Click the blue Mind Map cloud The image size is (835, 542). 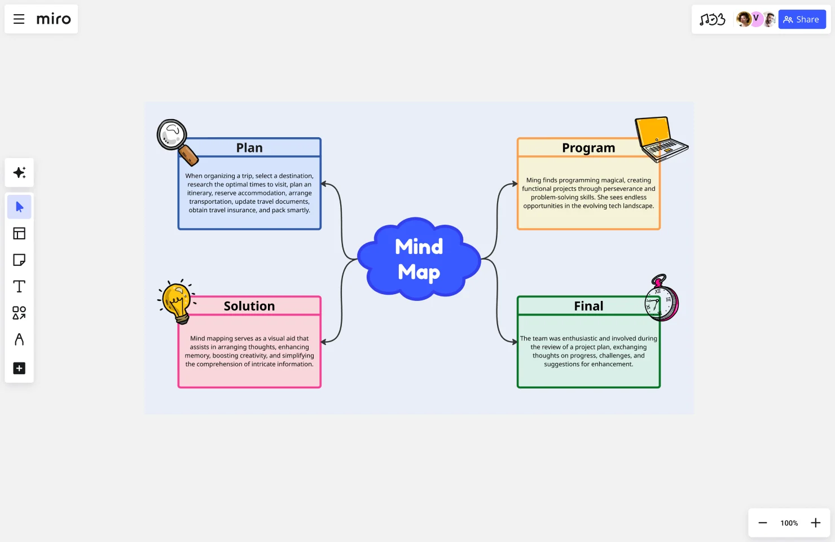(419, 259)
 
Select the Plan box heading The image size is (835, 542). (249, 148)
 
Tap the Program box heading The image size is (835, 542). (588, 148)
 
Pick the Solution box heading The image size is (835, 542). (249, 306)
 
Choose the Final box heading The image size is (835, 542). (588, 306)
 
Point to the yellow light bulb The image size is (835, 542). (177, 301)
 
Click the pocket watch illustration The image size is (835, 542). (661, 300)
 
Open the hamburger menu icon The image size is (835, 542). (19, 19)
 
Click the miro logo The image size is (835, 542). (54, 19)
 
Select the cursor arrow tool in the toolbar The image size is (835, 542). (19, 207)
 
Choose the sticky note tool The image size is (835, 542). (19, 260)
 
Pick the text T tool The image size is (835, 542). (19, 286)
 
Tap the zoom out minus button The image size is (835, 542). (762, 523)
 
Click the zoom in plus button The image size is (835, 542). (815, 523)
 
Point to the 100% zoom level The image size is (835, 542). (789, 523)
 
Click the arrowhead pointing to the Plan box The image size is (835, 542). (324, 184)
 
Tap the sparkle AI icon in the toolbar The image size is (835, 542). (19, 173)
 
